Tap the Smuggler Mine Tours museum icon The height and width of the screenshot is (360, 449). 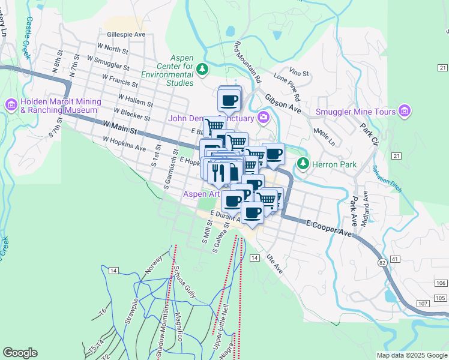[x=405, y=112]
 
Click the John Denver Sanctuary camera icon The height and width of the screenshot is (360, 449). [x=263, y=118]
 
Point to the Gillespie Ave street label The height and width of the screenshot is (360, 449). [x=125, y=35]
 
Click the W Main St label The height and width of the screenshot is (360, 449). [x=120, y=126]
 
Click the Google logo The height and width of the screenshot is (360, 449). [x=20, y=353]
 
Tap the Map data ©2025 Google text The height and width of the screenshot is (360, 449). [x=412, y=355]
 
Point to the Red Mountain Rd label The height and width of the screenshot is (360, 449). [x=248, y=62]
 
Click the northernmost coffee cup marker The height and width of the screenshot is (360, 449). [x=229, y=99]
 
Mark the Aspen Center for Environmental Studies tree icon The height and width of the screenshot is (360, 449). [x=202, y=70]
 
